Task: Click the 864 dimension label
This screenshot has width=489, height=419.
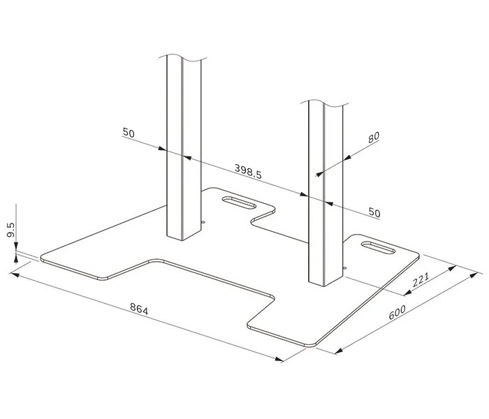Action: pos(139,309)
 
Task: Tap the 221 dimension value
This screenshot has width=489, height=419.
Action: pos(421,281)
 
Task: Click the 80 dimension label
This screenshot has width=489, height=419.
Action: pos(373,138)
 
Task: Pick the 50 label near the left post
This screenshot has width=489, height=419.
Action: pos(129,133)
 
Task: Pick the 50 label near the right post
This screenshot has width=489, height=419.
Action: pos(374,212)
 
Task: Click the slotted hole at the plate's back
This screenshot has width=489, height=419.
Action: pos(239,204)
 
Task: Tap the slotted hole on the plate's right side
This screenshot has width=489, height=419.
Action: pos(377,247)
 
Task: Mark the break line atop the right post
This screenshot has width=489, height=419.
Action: pos(326,103)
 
